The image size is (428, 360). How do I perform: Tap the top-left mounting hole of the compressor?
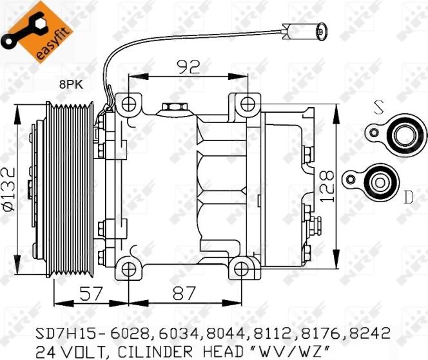(x=130, y=102)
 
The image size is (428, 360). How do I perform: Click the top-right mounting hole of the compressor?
(x=248, y=102)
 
